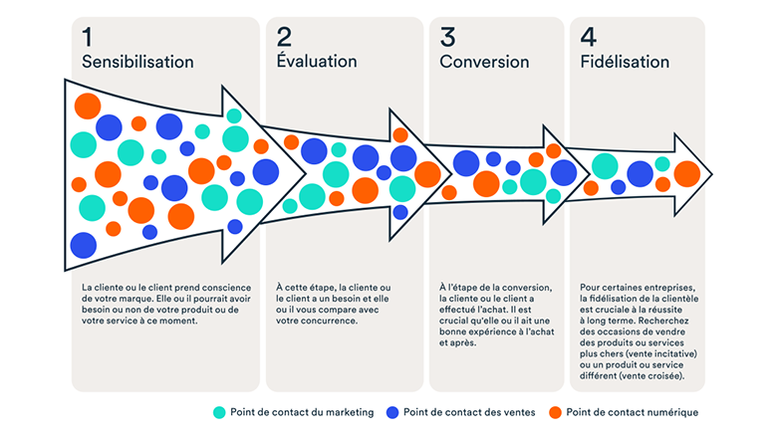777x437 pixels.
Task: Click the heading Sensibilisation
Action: point(137,62)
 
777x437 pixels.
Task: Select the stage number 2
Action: point(285,37)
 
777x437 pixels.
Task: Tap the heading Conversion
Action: point(484,62)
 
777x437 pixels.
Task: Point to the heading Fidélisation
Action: point(625,62)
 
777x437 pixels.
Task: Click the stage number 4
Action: point(588,37)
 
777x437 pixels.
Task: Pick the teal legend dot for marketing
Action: point(219,412)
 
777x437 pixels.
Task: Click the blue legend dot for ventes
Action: point(392,412)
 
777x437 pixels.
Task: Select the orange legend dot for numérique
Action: point(556,412)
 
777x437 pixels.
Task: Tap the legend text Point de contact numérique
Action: point(633,412)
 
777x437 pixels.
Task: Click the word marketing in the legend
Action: point(350,413)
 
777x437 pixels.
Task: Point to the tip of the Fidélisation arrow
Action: point(712,174)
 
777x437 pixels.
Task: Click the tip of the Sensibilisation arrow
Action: point(305,173)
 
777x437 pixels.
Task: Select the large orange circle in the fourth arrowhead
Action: point(686,174)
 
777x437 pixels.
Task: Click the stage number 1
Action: point(88,37)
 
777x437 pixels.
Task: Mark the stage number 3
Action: point(447,37)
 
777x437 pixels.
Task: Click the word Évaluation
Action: point(317,61)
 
